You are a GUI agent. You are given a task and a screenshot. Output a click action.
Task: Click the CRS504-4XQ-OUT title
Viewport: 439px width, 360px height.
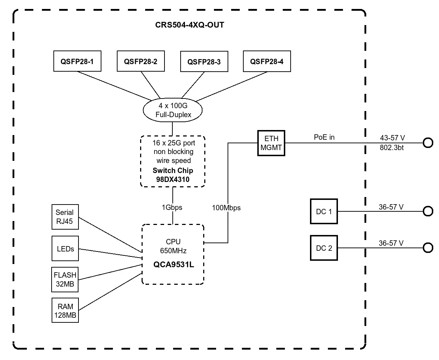pos(190,25)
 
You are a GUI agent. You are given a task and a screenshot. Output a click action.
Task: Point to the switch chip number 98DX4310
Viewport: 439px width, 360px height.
pos(173,179)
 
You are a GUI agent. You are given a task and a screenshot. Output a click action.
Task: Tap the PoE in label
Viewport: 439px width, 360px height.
pos(324,137)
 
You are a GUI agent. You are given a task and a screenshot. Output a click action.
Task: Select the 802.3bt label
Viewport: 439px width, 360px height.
pos(392,148)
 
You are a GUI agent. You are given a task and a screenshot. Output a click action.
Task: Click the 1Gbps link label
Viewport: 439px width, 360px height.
pos(172,207)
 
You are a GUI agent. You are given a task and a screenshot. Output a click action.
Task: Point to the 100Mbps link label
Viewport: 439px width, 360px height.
pos(226,208)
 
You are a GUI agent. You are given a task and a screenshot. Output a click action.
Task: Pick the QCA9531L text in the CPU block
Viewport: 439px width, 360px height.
pos(173,265)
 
